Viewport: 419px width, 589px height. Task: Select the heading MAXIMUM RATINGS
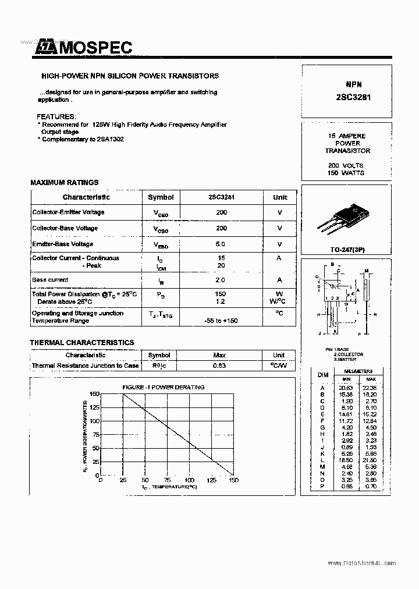click(65, 182)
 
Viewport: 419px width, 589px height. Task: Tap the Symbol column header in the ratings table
click(160, 197)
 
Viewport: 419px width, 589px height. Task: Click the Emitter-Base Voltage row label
click(63, 244)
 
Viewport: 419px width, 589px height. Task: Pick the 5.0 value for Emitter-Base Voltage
click(221, 244)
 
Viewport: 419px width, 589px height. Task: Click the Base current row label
click(50, 280)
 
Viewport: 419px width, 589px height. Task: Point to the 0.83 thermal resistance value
click(219, 366)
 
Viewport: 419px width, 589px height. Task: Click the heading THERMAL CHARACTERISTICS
click(82, 343)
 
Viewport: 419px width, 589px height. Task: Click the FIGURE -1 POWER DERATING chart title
click(163, 387)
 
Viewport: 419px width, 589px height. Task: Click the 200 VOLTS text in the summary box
click(346, 165)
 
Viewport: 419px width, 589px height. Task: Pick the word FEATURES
click(56, 116)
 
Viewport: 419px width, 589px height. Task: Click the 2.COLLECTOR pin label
click(349, 354)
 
